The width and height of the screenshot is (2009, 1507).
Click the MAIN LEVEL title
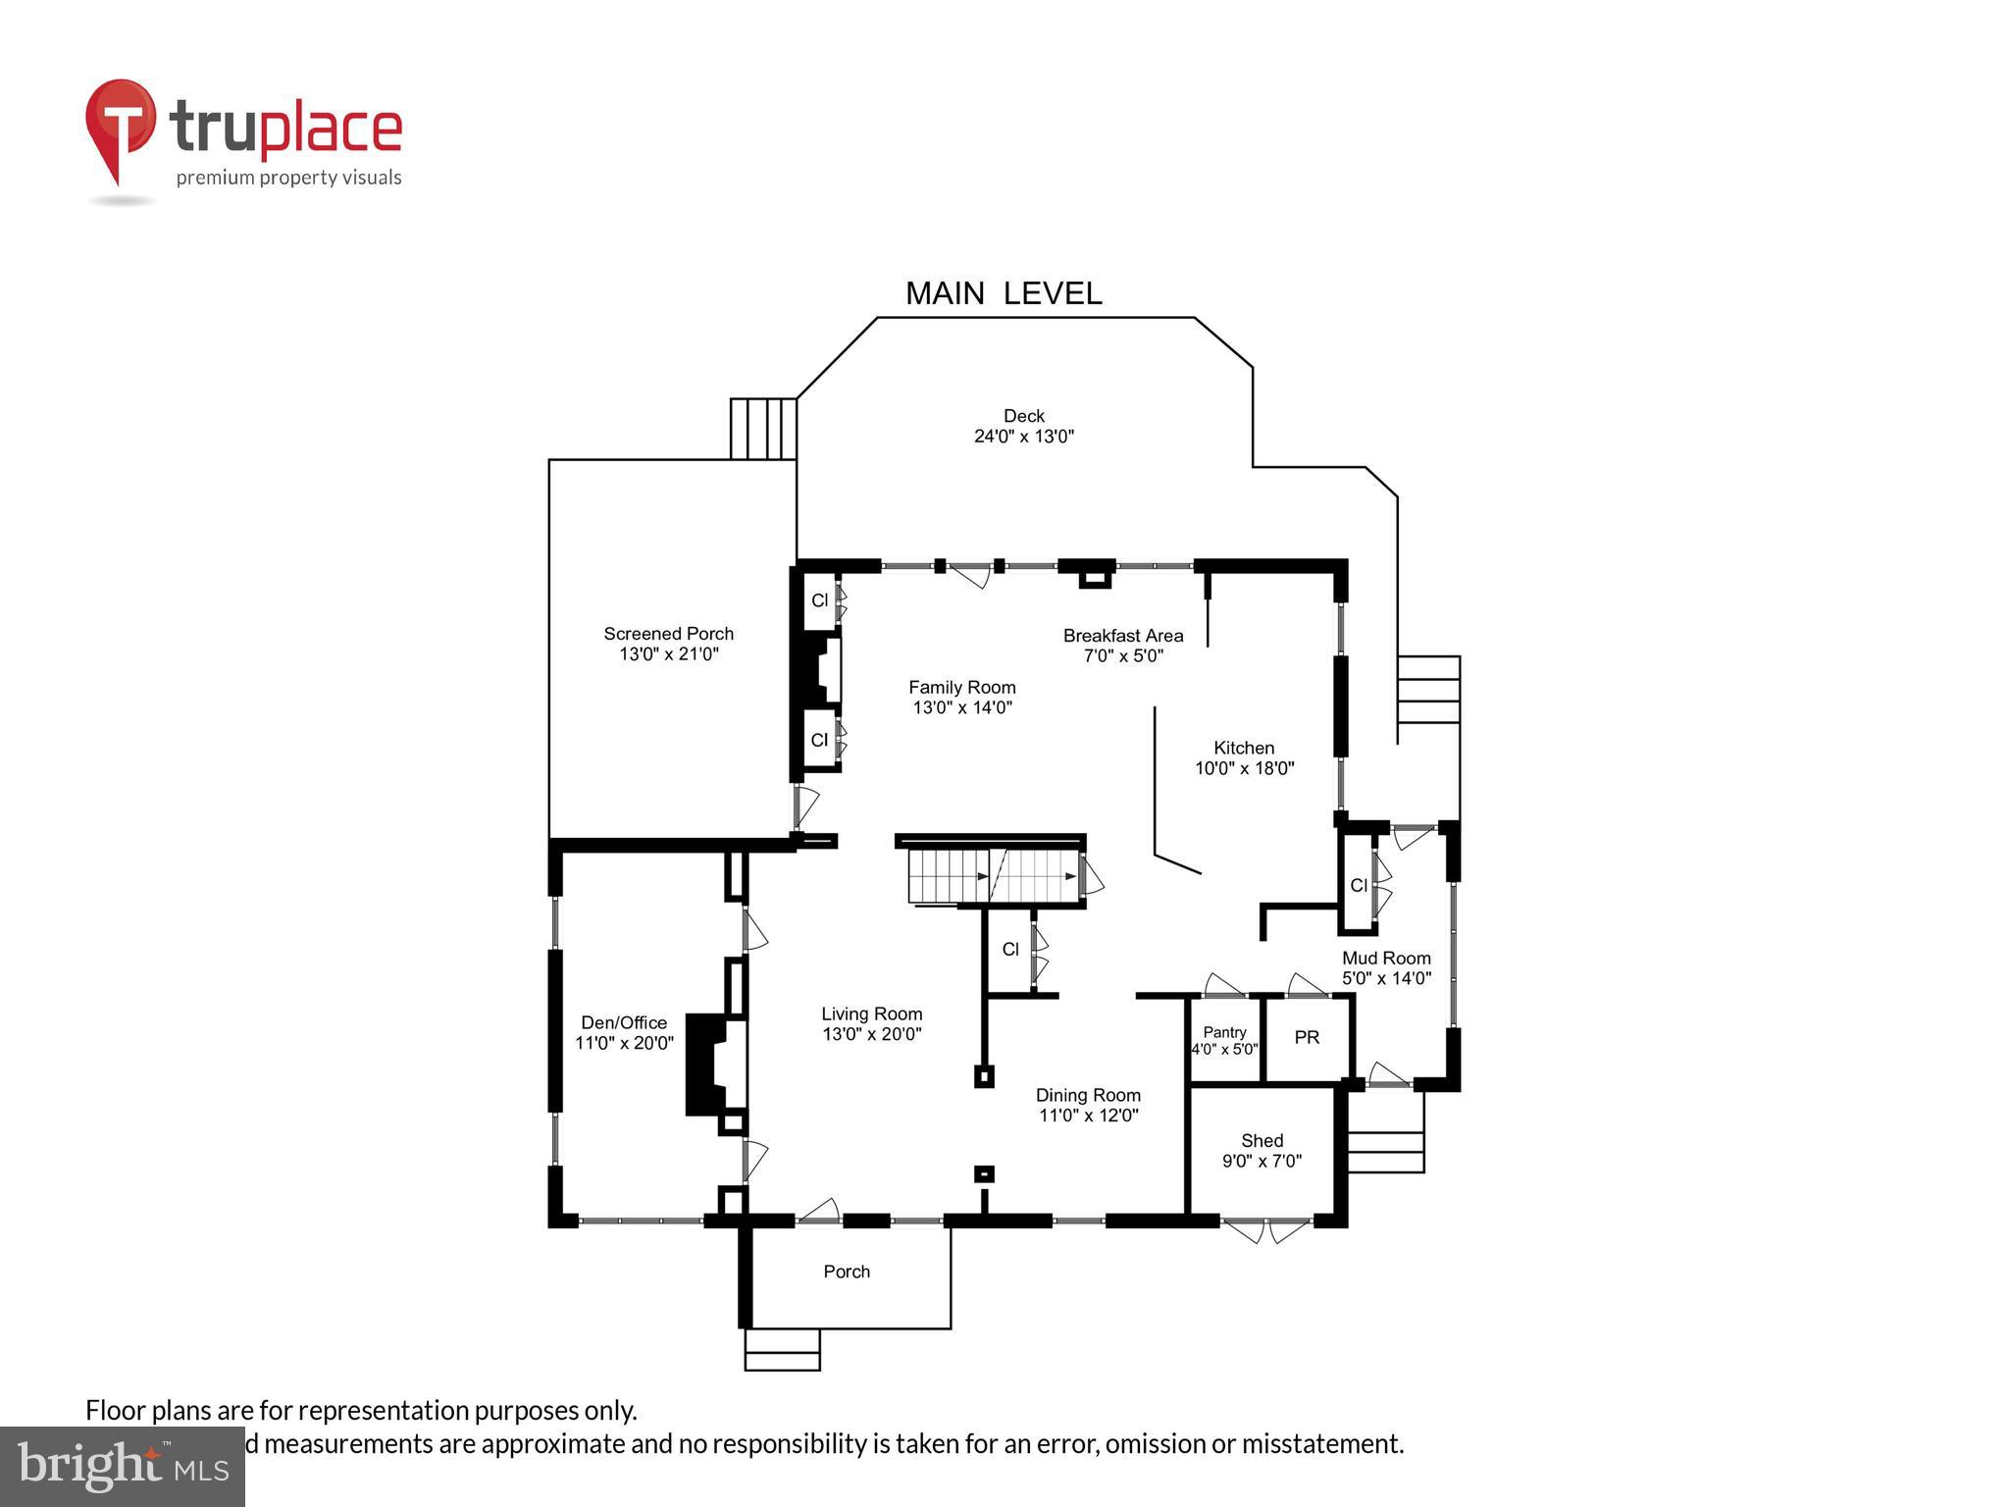click(1004, 293)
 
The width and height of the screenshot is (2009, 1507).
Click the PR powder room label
click(1307, 1037)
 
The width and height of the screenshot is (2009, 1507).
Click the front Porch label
click(847, 1272)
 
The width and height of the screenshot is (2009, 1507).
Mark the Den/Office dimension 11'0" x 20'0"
click(624, 1043)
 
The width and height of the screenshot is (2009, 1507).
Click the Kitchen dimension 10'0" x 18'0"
click(1245, 768)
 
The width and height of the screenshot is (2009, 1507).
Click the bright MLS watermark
click(123, 1467)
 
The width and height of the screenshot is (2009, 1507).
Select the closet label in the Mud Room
click(1359, 886)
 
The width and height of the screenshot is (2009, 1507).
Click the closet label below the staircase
click(1010, 950)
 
